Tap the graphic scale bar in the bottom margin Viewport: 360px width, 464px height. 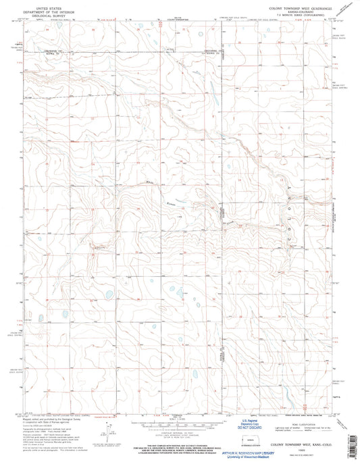[x=179, y=413]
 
